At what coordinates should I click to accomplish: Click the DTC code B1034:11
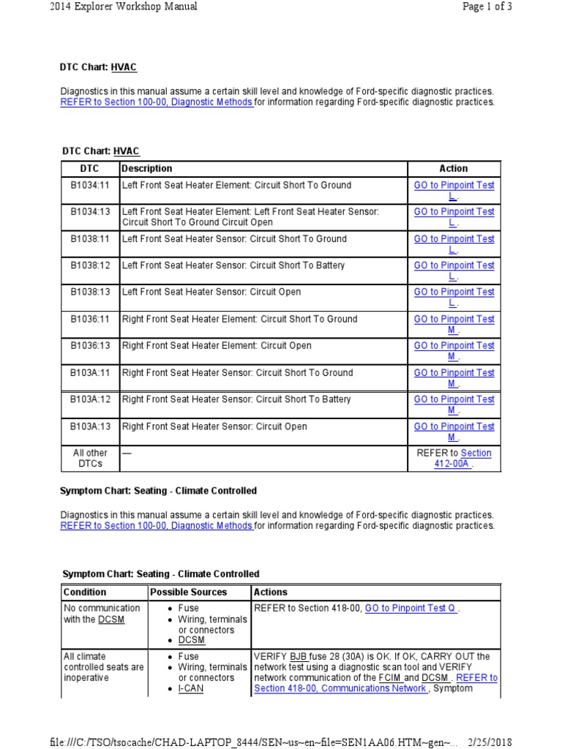[x=90, y=186]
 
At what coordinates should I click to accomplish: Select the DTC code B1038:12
[x=90, y=266]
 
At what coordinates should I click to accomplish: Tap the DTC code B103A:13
[x=90, y=426]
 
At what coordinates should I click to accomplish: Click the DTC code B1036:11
[x=90, y=320]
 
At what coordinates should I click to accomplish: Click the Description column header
[x=148, y=168]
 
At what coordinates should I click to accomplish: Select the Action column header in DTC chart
[x=454, y=168]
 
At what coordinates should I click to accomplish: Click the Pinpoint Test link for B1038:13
[x=454, y=297]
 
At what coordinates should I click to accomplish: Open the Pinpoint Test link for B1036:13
[x=454, y=351]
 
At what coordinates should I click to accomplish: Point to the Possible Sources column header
[x=188, y=592]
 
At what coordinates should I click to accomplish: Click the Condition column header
[x=85, y=592]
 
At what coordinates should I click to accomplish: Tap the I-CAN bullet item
[x=190, y=689]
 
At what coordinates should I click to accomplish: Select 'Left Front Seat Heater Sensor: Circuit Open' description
[x=211, y=293]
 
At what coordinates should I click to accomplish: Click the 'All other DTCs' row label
[x=90, y=459]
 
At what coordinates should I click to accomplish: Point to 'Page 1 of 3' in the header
[x=487, y=7]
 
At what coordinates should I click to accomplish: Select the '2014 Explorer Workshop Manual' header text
[x=123, y=7]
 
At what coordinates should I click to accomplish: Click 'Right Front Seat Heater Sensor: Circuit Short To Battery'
[x=236, y=400]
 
